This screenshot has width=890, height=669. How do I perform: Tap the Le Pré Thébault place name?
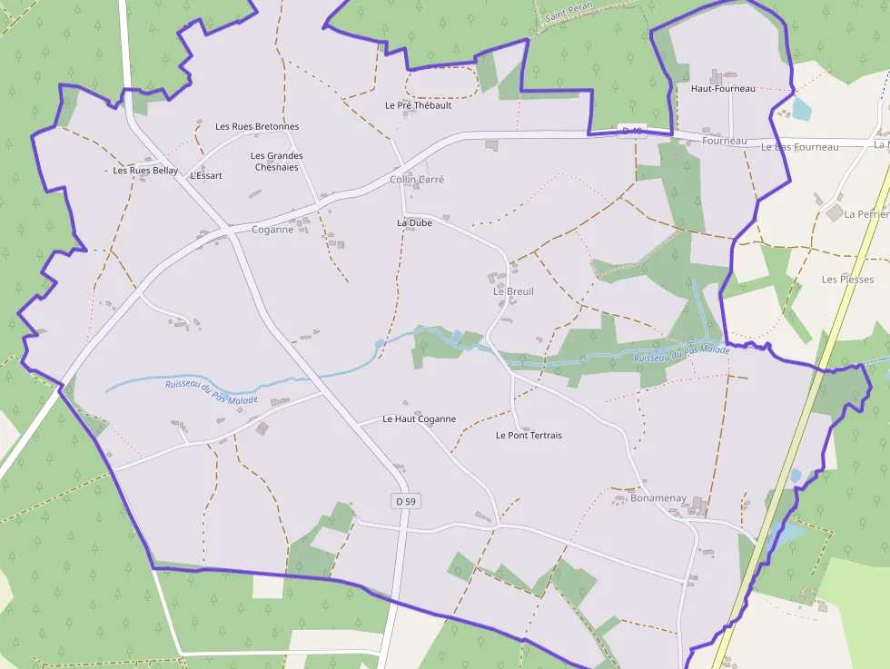tap(418, 105)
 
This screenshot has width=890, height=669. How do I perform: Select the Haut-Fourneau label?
tap(723, 89)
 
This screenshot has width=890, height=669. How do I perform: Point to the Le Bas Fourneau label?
tap(799, 147)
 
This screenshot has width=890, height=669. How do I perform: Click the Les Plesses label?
tap(847, 280)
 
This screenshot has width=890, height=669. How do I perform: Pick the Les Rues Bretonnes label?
tap(257, 126)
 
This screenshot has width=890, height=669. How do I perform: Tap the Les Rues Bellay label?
tap(145, 170)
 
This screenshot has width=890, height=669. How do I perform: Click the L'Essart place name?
tap(206, 175)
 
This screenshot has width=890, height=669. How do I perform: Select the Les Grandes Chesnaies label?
tap(277, 162)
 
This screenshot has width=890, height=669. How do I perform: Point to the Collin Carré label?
tap(417, 180)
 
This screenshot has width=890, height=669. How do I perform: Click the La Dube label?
tap(414, 222)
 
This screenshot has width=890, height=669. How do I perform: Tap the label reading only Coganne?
tap(272, 230)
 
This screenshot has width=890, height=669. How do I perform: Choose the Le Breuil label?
tap(513, 291)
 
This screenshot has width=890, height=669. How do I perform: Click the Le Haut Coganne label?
tap(419, 419)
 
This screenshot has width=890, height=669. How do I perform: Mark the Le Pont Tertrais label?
tap(529, 436)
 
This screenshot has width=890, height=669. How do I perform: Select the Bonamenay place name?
tap(658, 499)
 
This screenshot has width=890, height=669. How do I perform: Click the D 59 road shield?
tap(405, 501)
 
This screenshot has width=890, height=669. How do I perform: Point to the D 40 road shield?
tap(631, 132)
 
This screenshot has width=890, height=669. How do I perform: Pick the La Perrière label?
tap(866, 214)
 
